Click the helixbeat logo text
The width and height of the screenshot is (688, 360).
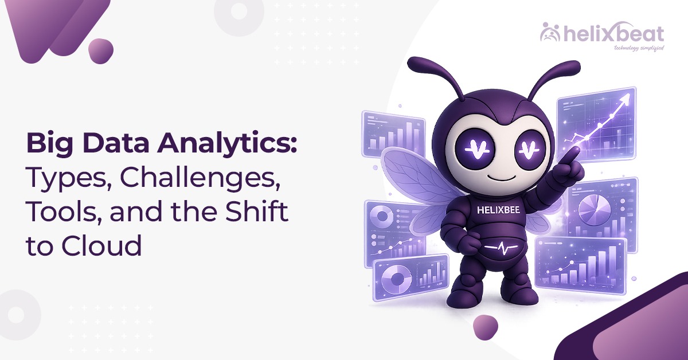pos(611,34)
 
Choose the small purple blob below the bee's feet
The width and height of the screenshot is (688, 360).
pos(485,329)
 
